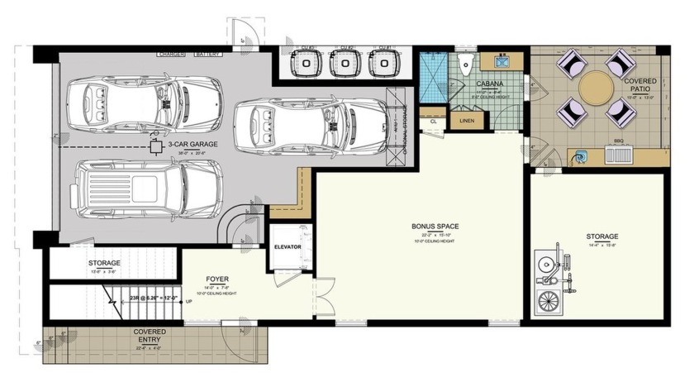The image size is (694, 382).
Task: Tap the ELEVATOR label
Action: click(x=287, y=247)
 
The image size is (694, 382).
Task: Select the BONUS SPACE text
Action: click(x=435, y=226)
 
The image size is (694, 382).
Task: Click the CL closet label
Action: click(x=433, y=121)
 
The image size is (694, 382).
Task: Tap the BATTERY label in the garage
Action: click(x=208, y=55)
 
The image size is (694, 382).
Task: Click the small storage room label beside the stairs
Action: click(x=104, y=263)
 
